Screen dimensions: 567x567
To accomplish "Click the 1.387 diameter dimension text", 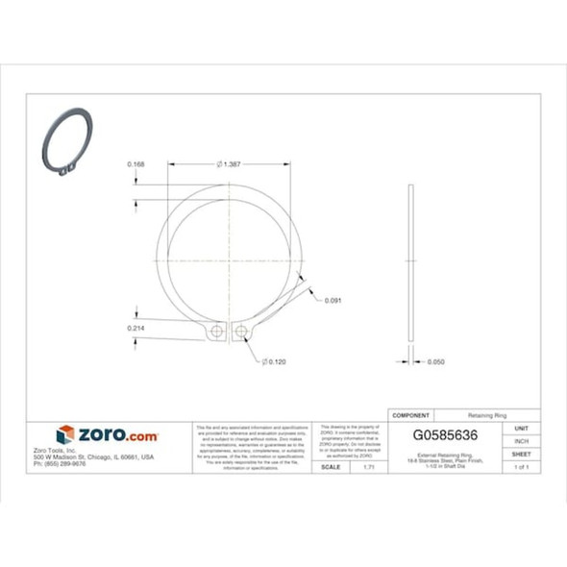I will tap(230, 163).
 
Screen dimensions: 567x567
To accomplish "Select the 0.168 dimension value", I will tap(136, 164).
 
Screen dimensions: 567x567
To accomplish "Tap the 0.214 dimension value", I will tap(136, 329).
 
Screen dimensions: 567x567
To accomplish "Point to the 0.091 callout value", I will tap(333, 300).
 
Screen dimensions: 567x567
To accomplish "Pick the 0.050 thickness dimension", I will tap(435, 362).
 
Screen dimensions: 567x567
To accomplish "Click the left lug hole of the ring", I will tap(218, 333).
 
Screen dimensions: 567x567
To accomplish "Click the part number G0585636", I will tap(444, 434).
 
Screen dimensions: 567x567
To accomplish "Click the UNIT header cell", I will tap(521, 428).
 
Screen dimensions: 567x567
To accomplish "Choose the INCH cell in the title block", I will tap(521, 441).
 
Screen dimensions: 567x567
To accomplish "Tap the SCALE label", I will tap(330, 467).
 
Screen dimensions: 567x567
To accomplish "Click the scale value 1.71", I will tap(367, 467).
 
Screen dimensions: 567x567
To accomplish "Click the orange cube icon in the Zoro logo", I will tap(65, 434).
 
